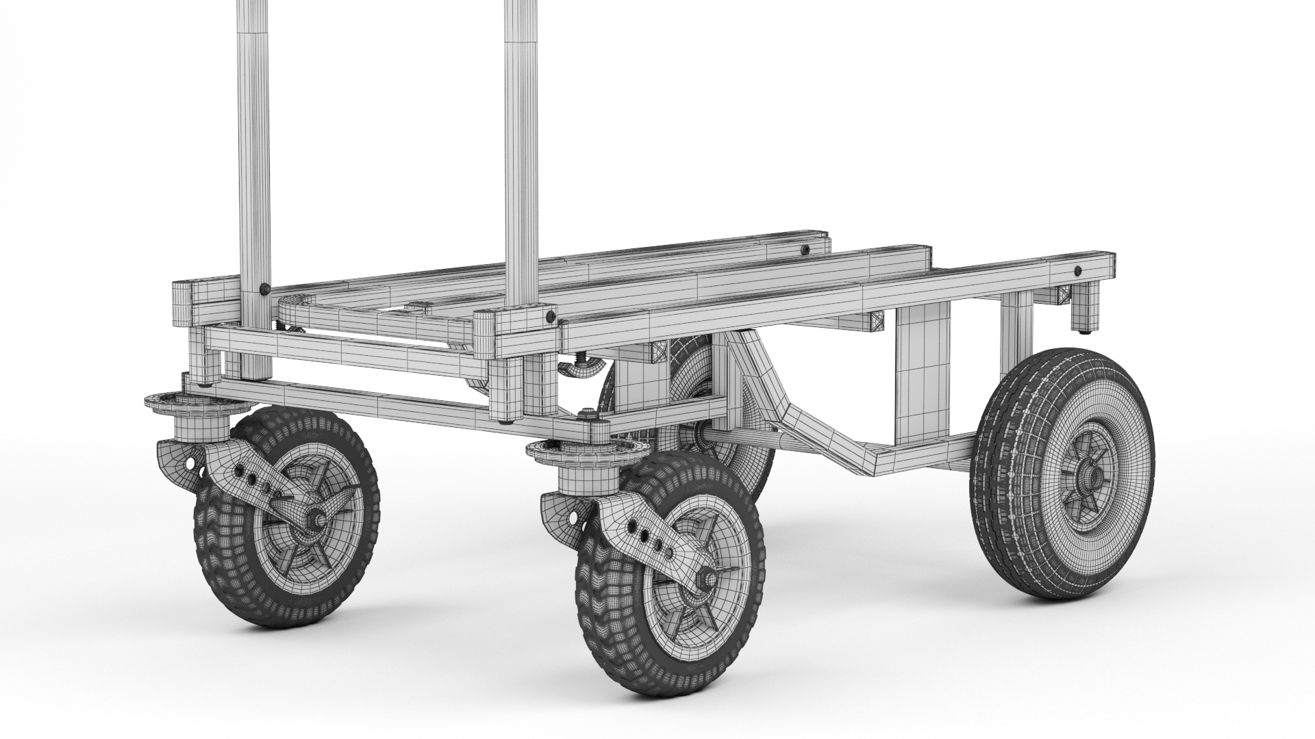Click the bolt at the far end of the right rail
click(1079, 269)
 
